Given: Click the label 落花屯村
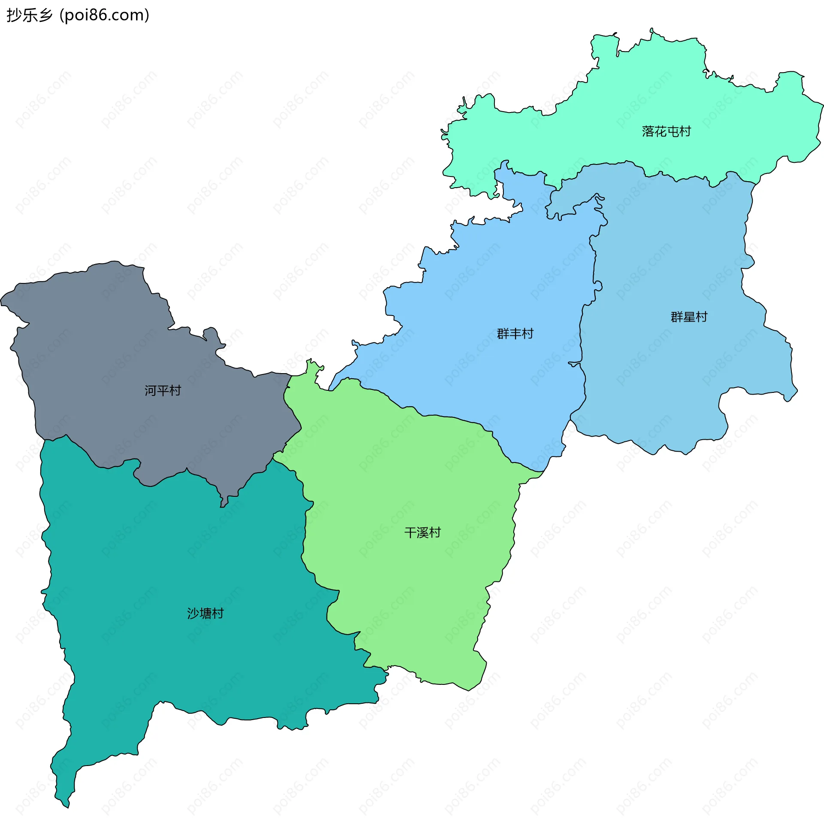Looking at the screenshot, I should coord(666,131).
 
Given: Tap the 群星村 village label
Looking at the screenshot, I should coord(689,317).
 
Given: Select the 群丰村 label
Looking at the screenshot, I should coord(515,334).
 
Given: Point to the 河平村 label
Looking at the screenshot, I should coord(163,391).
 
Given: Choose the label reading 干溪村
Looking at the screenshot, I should coord(422,533).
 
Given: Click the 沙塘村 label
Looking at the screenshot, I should coord(205,614).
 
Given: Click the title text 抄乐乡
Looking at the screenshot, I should coord(30,15).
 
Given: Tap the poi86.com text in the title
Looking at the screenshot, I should coord(104,15).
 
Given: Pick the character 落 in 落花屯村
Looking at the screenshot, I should coord(648,131).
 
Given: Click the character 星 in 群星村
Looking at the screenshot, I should coord(689,317).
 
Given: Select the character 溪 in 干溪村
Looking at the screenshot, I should coord(422,533).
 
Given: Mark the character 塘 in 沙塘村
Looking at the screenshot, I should coord(205,614).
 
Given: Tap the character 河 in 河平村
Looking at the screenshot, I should coord(151,391).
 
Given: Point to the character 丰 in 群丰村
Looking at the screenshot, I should coord(515,334).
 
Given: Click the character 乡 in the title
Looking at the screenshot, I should coord(45,15).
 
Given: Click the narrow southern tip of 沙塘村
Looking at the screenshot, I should coord(65,798).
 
